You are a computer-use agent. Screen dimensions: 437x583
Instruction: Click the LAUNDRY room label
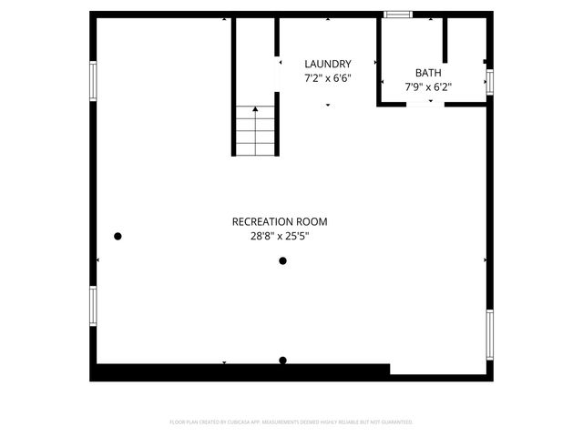coord(327,64)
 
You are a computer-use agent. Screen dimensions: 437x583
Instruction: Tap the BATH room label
coord(428,73)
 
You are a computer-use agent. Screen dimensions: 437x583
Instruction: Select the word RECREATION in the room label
coord(262,221)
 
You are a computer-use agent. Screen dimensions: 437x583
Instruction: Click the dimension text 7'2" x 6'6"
coord(327,78)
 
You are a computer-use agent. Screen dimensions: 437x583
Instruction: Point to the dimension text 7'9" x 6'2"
coord(428,87)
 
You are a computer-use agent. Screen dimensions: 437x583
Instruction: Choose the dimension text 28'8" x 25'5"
coord(279,236)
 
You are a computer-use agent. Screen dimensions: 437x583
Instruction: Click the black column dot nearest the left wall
coord(118,237)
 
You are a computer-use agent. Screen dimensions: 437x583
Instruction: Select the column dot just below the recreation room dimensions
coord(282,261)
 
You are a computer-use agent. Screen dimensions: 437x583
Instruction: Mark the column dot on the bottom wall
coord(282,361)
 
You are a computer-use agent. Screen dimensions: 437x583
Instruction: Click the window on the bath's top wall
coord(397,15)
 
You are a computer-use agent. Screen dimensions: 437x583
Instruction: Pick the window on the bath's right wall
coord(489,81)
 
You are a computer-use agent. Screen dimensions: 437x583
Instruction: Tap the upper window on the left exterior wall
coord(92,80)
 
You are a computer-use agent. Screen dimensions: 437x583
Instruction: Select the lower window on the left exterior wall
coord(92,307)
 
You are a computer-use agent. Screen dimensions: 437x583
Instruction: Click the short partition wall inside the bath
coord(445,39)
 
